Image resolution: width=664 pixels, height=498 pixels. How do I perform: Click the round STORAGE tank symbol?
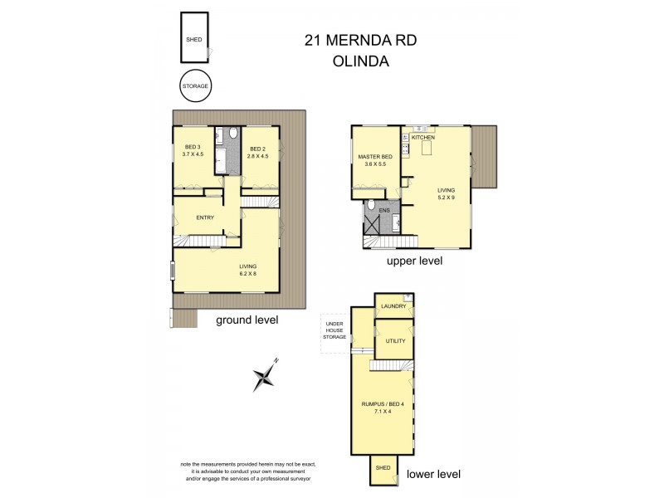point(195,85)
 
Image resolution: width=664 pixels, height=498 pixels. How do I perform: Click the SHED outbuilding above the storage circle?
point(195,38)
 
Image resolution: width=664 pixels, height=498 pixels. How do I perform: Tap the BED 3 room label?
point(192,149)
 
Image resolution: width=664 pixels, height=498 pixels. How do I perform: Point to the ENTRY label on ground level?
point(206,217)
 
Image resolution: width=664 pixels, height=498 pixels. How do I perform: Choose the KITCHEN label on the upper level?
point(423,137)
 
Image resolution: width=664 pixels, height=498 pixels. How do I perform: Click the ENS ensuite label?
point(384,211)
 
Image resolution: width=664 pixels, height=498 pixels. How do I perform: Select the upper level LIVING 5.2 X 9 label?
point(447,194)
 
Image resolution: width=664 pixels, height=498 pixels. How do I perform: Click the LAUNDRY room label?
point(393,306)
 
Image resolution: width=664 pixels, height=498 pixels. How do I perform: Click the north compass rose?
point(265,377)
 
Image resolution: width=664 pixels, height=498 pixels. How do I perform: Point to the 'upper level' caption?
point(415,260)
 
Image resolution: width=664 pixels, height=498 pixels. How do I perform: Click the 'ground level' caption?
point(247,320)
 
